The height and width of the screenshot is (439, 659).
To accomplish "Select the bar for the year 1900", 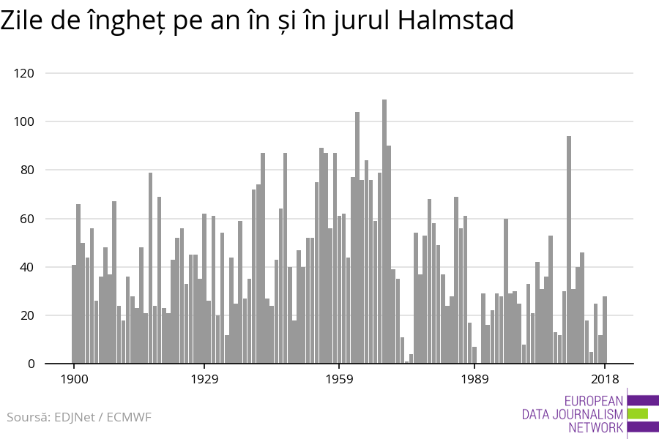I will (x=74, y=314).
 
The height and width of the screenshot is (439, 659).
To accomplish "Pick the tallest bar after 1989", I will (x=569, y=249).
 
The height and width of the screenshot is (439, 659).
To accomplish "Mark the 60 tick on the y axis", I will (x=27, y=219).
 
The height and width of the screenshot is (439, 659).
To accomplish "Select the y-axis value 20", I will (x=27, y=315).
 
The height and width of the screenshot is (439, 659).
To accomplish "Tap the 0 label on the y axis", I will (x=31, y=364).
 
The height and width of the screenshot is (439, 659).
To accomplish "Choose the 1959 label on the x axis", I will (x=339, y=379).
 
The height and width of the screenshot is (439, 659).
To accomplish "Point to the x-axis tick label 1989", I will (x=474, y=379).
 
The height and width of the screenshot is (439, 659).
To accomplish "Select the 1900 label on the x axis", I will (x=74, y=379).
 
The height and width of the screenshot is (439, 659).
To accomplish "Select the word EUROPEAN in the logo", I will (x=593, y=400).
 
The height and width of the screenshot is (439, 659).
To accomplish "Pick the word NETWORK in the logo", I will (x=594, y=427).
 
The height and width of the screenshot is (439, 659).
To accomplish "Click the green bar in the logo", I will (x=638, y=413).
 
